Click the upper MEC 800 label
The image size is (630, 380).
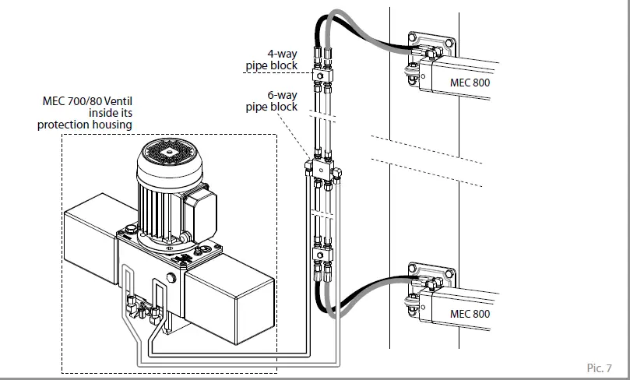pyautogui.click(x=470, y=82)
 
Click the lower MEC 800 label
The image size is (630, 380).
pyautogui.click(x=470, y=314)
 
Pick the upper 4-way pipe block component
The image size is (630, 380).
pyautogui.click(x=320, y=76)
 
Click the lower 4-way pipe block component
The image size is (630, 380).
pyautogui.click(x=320, y=252)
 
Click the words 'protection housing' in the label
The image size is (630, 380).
pyautogui.click(x=85, y=125)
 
